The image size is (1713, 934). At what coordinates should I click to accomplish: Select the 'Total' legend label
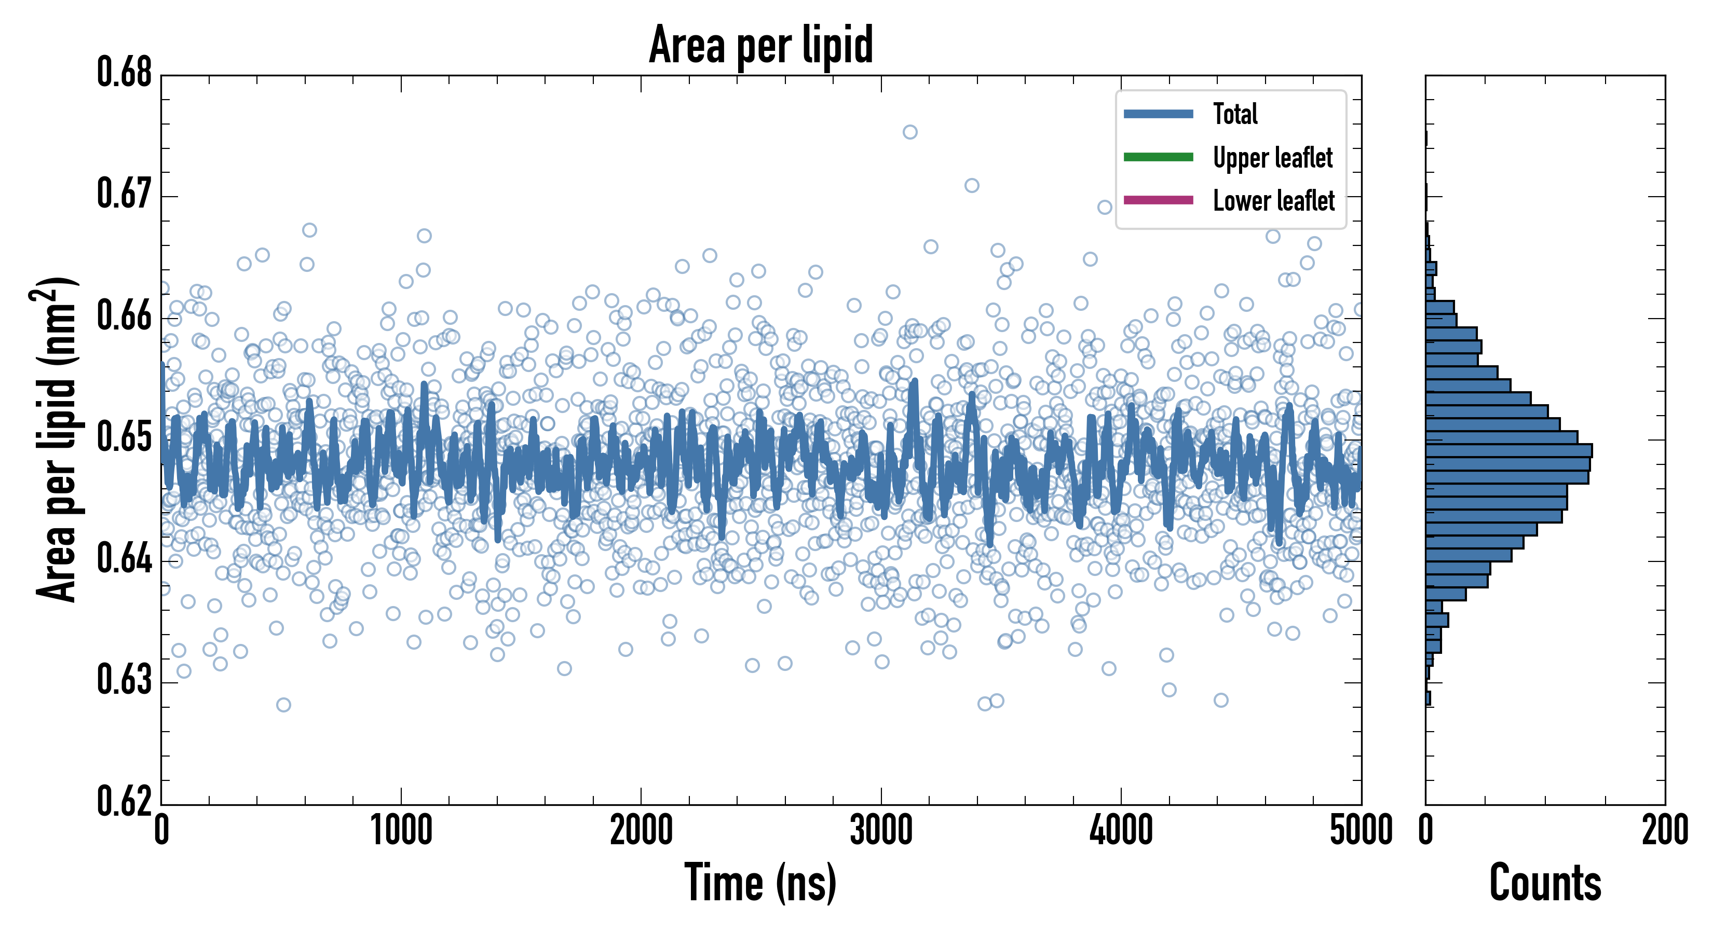[1235, 114]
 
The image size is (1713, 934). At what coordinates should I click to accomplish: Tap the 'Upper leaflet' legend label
[1272, 158]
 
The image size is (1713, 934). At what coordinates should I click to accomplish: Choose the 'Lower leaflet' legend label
[1273, 200]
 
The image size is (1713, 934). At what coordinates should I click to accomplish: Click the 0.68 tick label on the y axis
[125, 73]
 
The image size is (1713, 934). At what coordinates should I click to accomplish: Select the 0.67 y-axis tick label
[125, 194]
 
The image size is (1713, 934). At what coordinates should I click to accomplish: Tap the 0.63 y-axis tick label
[125, 681]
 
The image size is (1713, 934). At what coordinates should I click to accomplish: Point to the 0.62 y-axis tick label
[125, 801]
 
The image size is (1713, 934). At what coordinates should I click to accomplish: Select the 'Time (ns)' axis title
[761, 883]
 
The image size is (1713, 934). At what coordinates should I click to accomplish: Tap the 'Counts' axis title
[1545, 883]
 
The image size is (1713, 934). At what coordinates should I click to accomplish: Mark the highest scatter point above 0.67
[909, 132]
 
